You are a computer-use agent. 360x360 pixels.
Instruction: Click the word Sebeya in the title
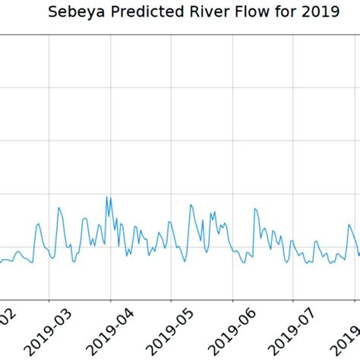tap(74, 13)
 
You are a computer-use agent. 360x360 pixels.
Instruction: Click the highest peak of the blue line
tap(107, 197)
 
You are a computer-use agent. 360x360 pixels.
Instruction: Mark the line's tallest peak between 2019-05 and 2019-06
tap(191, 204)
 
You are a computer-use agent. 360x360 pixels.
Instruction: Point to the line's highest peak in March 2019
tap(58, 207)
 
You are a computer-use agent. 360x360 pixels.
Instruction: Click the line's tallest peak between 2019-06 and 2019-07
tap(256, 207)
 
